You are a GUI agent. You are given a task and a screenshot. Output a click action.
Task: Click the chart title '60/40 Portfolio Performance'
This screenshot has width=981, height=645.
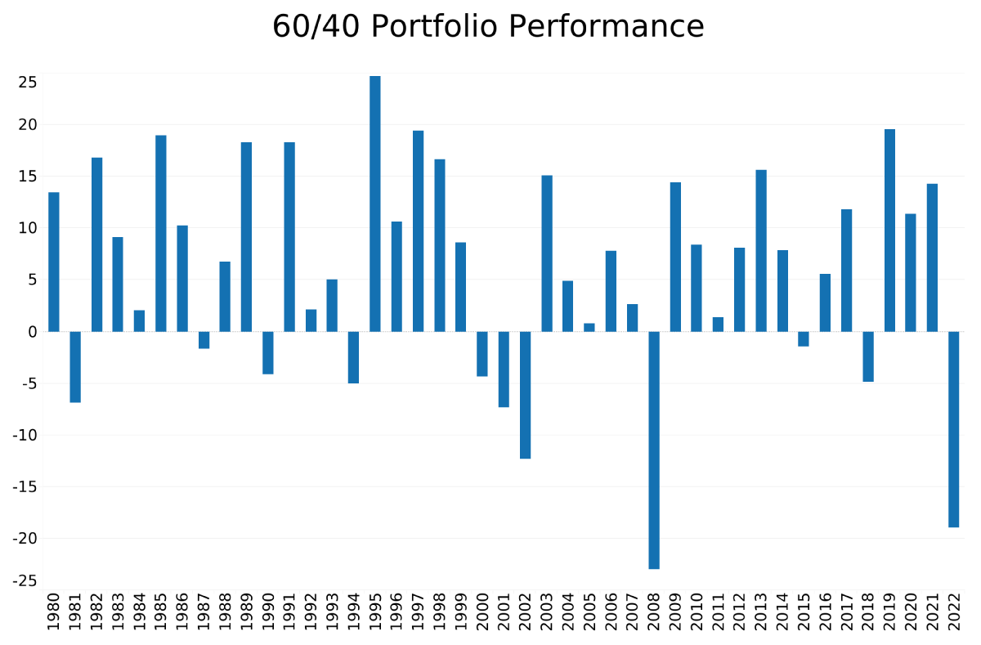[488, 27]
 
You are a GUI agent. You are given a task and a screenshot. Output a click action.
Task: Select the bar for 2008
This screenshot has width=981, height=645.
[654, 450]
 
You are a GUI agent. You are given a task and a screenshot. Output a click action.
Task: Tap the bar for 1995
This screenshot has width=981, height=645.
[375, 204]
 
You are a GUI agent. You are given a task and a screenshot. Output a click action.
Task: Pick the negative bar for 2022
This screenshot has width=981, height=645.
[954, 429]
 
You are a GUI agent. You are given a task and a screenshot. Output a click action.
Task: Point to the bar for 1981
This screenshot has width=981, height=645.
[75, 366]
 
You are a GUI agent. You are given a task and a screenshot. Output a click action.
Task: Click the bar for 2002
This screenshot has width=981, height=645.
[526, 395]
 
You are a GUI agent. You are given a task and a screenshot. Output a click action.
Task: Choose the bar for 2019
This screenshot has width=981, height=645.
[889, 230]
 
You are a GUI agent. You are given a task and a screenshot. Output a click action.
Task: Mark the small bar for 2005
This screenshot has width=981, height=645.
[589, 327]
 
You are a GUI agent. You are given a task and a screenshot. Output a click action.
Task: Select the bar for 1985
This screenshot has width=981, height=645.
[161, 233]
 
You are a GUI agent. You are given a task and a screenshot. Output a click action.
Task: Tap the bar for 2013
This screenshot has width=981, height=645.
[761, 250]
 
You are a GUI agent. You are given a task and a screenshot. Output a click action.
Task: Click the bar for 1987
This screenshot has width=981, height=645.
[204, 340]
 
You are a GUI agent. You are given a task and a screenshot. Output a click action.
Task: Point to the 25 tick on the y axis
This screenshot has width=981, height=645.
[28, 83]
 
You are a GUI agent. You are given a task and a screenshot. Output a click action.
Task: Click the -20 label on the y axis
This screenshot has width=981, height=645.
[25, 539]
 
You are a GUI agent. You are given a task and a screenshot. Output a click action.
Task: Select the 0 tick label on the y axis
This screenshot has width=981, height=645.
[31, 332]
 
